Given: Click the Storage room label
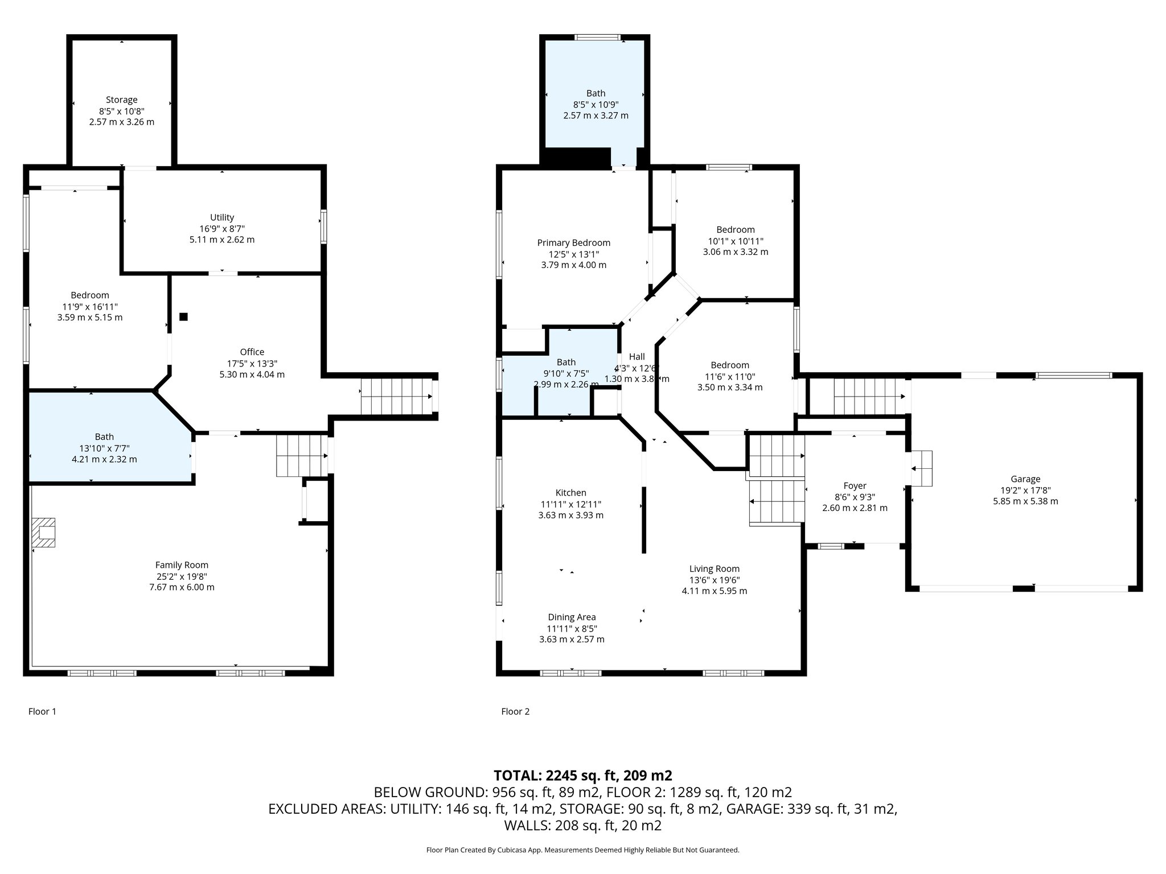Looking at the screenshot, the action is (121, 100).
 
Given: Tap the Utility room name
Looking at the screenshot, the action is (222, 217).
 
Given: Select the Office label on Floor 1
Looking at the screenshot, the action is (252, 352).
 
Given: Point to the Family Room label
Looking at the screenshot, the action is (182, 565).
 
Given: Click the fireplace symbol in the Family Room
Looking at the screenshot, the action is (44, 532).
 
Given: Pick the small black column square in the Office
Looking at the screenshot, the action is (183, 317).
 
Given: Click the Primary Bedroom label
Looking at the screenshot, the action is (573, 243).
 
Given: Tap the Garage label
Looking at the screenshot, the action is (1025, 479).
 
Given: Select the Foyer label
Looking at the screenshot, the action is (855, 486).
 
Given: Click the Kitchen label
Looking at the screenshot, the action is (570, 493).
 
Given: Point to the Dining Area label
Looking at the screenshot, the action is (572, 617).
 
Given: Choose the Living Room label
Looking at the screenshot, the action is (714, 568).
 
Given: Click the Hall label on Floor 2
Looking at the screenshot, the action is (637, 357).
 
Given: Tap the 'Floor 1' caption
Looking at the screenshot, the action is (42, 711).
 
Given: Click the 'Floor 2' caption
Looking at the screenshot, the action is (515, 711).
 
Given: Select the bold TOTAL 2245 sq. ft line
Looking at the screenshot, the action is (583, 775).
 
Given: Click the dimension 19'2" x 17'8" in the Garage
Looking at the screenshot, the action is (1025, 490).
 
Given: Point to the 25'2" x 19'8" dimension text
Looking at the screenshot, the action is (182, 576).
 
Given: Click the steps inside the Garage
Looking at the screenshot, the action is (921, 468).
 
